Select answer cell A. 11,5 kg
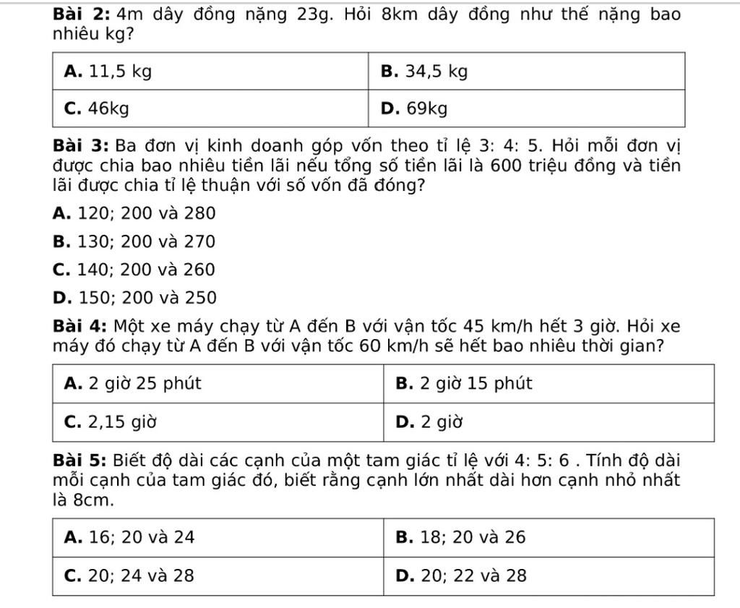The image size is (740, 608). [108, 72]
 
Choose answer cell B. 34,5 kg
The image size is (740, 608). [424, 72]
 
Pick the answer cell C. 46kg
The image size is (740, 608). [97, 108]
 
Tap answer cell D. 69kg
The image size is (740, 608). [414, 108]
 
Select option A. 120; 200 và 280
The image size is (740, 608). [134, 213]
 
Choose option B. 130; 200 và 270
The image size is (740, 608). [134, 241]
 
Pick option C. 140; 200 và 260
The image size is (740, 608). [134, 270]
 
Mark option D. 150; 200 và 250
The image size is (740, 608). [134, 298]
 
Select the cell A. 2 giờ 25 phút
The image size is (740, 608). [134, 384]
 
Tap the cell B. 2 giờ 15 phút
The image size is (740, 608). [464, 384]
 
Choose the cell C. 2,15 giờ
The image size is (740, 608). [111, 421]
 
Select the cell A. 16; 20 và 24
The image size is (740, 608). [129, 538]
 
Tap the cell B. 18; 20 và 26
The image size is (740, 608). [461, 538]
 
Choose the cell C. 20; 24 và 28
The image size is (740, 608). [129, 575]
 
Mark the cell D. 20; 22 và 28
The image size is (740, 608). [461, 575]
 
